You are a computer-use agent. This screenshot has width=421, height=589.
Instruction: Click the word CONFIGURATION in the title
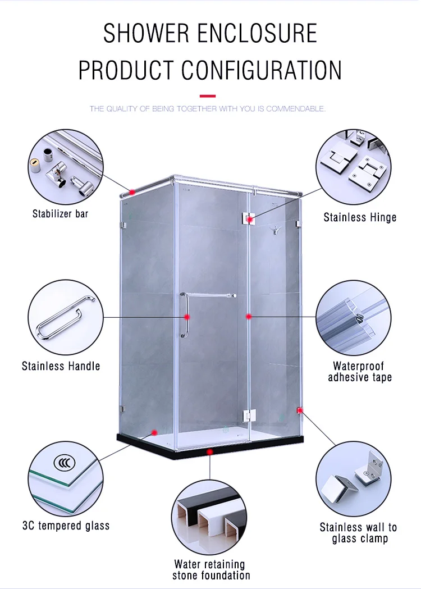(262, 70)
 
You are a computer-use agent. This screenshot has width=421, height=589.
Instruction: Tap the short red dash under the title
(208, 95)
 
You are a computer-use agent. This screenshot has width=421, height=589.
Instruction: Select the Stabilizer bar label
(60, 213)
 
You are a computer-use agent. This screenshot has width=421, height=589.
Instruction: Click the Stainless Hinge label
(360, 217)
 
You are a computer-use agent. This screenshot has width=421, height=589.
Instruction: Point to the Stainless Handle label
(61, 366)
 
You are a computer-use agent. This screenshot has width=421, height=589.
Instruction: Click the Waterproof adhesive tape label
(360, 372)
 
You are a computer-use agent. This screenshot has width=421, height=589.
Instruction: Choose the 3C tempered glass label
(66, 526)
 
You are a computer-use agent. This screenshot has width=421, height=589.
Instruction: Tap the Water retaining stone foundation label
(211, 569)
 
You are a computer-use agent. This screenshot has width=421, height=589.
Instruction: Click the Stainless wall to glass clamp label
(358, 533)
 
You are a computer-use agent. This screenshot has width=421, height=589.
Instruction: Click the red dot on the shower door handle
(187, 317)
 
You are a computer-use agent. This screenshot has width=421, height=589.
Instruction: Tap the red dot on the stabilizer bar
(132, 192)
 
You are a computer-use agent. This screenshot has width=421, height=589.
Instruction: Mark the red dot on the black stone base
(209, 451)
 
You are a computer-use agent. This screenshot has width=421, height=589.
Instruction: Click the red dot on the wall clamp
(300, 410)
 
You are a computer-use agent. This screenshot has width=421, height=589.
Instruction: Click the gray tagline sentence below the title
(208, 108)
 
